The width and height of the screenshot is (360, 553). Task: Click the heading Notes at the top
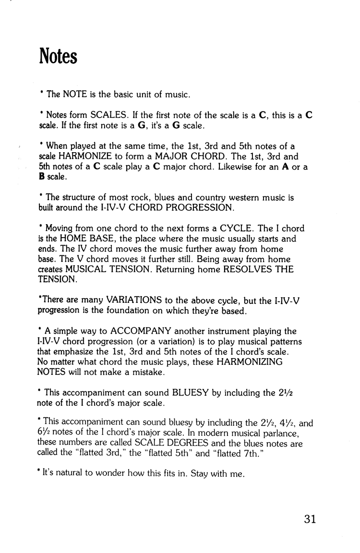pos(58,57)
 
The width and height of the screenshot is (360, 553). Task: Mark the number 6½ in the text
pos(44,434)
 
